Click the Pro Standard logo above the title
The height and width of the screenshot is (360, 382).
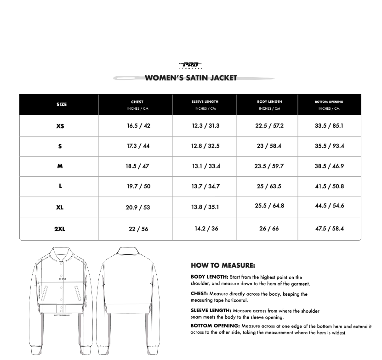(191, 65)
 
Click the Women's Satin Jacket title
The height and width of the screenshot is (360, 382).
(191, 78)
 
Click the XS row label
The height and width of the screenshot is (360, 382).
(60, 126)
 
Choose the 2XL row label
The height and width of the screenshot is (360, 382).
(60, 229)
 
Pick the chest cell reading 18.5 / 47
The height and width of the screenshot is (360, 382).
(137, 166)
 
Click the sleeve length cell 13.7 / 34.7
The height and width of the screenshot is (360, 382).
(205, 186)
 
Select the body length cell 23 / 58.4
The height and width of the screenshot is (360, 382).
(269, 146)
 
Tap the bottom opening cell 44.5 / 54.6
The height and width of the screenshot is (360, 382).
(329, 206)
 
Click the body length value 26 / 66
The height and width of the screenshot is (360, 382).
(269, 229)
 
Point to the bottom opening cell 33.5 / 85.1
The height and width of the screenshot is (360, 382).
(329, 126)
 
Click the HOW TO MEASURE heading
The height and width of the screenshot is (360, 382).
(222, 265)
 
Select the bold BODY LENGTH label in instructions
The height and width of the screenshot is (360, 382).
(209, 277)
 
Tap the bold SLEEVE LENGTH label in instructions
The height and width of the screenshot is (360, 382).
(211, 311)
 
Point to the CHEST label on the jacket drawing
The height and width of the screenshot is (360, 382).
(63, 279)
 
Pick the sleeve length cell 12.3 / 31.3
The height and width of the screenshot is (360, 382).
(205, 126)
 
